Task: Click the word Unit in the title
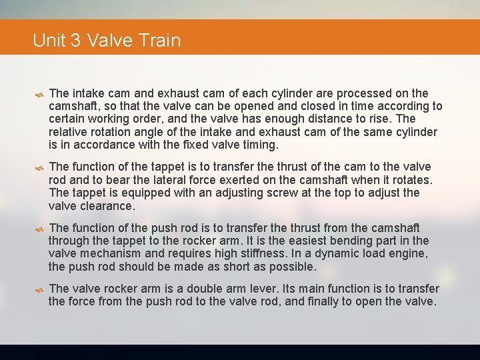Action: pos(48,41)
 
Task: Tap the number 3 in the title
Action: pos(76,41)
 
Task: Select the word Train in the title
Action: pos(160,41)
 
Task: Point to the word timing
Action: pos(258,145)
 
